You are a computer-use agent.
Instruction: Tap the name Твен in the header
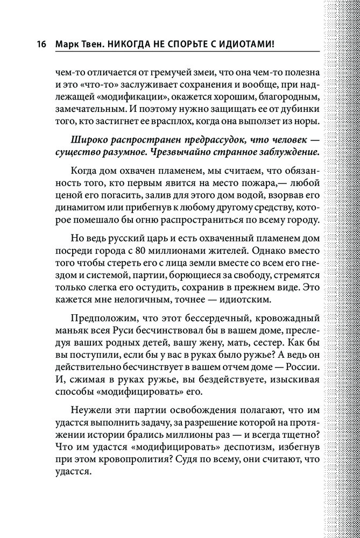[93, 44]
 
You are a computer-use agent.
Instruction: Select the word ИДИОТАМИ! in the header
[246, 44]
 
